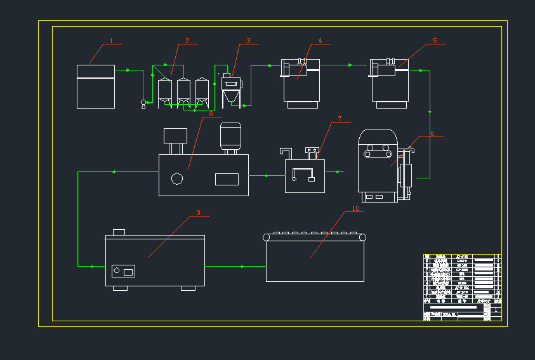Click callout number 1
pyautogui.click(x=111, y=41)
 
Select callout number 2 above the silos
pyautogui.click(x=187, y=41)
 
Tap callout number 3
pyautogui.click(x=249, y=41)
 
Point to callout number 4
pyautogui.click(x=320, y=41)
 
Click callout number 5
pyautogui.click(x=435, y=41)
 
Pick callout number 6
pyautogui.click(x=432, y=133)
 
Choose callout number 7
pyautogui.click(x=340, y=119)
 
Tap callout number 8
pyautogui.click(x=211, y=114)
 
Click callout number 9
pyautogui.click(x=198, y=213)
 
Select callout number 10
pyautogui.click(x=355, y=208)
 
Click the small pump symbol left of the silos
pyautogui.click(x=143, y=102)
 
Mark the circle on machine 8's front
pyautogui.click(x=177, y=178)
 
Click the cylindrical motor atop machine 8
pyautogui.click(x=229, y=136)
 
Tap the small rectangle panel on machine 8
pyautogui.click(x=227, y=179)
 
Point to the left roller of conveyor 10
pyautogui.click(x=267, y=237)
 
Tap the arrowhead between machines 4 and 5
pyautogui.click(x=350, y=65)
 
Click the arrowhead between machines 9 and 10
pyautogui.click(x=243, y=267)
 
